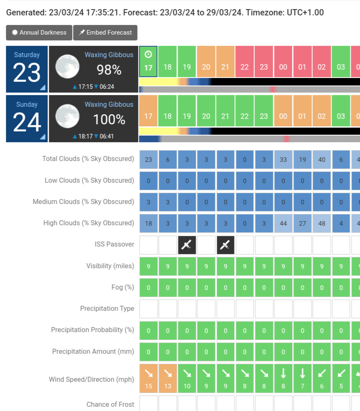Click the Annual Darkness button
39,33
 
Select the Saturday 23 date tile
27,69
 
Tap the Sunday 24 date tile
27,119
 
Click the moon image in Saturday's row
67,66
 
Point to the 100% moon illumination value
109,120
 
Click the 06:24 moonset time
107,87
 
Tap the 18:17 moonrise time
85,136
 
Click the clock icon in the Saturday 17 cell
148,55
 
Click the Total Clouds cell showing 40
322,159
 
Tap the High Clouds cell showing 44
283,223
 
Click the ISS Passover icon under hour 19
187,245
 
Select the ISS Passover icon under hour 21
225,245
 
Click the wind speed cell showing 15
149,379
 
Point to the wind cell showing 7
302,379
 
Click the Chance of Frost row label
110,404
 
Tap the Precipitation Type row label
107,308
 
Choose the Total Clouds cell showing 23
149,159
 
